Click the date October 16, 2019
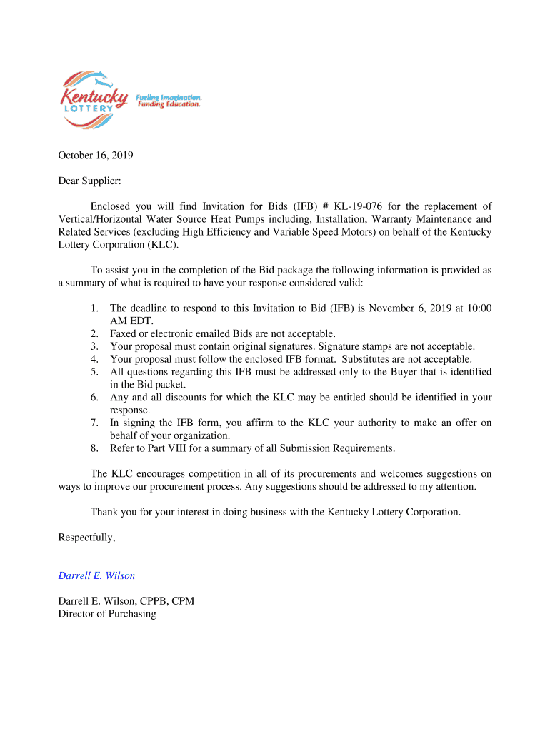(x=96, y=156)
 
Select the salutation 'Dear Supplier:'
(x=89, y=181)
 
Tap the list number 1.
(x=94, y=308)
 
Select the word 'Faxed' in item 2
(x=124, y=333)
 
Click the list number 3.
(x=94, y=346)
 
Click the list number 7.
(x=94, y=423)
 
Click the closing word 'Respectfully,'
(x=86, y=538)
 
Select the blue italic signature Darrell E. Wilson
(x=96, y=575)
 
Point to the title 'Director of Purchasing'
(x=107, y=614)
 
